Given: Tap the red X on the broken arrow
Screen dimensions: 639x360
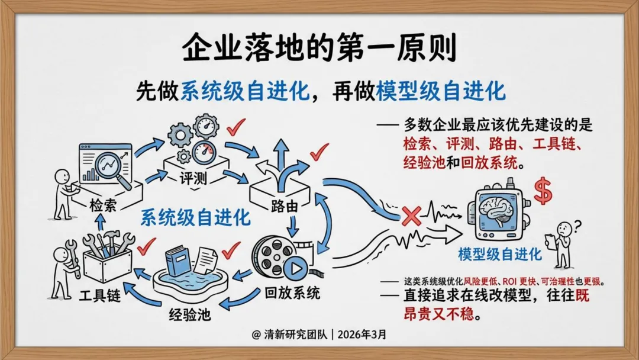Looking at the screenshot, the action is click(x=411, y=216).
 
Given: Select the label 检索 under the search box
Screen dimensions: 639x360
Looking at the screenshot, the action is click(x=103, y=205).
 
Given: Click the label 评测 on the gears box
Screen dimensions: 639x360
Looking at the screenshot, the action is click(x=193, y=178).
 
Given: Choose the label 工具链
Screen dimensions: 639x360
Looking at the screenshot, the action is click(x=100, y=294).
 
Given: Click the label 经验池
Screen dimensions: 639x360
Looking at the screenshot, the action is click(x=190, y=314).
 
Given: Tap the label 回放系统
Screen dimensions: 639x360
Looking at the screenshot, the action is click(x=292, y=292).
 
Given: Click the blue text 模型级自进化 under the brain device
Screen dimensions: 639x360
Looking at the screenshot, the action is click(x=499, y=255).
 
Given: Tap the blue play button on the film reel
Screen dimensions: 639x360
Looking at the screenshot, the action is click(x=295, y=270).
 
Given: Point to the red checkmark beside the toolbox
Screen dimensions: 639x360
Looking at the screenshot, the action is click(x=145, y=243).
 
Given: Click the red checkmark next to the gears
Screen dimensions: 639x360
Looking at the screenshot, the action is click(x=235, y=125).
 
